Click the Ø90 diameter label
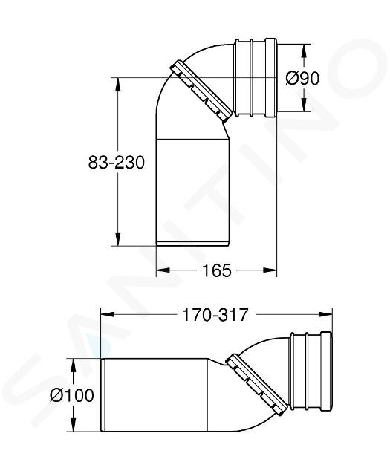[302, 79]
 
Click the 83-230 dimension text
[117, 163]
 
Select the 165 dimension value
[217, 270]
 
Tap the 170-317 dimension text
[215, 315]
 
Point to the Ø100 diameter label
[72, 395]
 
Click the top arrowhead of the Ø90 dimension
[304, 51]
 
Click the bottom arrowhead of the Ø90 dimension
[304, 105]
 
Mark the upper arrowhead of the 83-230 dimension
[118, 84]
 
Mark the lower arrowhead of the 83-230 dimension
[118, 239]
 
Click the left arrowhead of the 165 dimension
[163, 270]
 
